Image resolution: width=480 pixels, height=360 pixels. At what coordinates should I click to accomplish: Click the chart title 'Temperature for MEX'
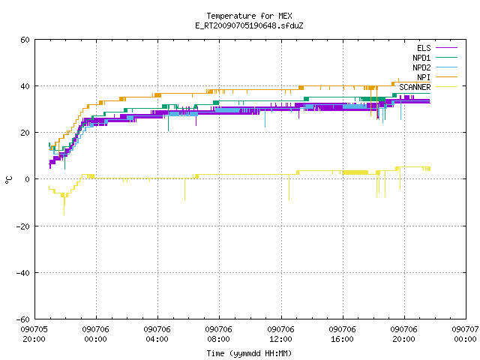249,16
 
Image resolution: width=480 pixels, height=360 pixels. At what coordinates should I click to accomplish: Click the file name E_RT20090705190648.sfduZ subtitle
249,25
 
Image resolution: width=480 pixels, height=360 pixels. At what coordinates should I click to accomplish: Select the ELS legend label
424,48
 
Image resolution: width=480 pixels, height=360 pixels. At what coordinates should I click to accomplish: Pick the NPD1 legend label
421,58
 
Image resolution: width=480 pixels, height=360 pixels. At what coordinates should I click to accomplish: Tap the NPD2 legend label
421,67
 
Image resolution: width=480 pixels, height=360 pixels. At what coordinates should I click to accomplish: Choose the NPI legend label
424,77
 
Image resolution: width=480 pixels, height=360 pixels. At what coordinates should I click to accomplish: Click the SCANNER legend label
415,87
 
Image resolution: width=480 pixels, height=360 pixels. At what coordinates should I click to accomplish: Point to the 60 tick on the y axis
25,40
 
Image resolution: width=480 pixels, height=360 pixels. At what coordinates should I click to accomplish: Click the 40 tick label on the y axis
25,86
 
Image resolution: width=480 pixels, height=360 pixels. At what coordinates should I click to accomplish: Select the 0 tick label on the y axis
27,179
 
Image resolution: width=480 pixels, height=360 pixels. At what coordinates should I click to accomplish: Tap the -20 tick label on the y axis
23,226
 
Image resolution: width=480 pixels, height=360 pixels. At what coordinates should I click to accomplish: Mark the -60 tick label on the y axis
23,319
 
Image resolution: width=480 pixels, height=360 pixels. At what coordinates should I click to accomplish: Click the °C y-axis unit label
8,180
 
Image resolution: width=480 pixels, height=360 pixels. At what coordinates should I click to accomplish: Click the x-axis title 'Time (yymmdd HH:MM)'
249,353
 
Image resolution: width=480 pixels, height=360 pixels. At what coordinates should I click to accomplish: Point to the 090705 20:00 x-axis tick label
34,334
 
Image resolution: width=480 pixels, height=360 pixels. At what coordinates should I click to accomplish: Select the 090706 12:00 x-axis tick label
280,334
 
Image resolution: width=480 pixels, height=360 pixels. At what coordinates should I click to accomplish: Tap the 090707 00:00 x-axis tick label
465,334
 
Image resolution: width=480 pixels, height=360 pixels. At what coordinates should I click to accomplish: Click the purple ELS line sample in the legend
446,48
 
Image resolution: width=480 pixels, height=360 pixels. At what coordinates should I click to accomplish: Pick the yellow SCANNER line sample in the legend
446,87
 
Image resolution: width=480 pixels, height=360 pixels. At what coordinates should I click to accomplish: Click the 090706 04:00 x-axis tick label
157,334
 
